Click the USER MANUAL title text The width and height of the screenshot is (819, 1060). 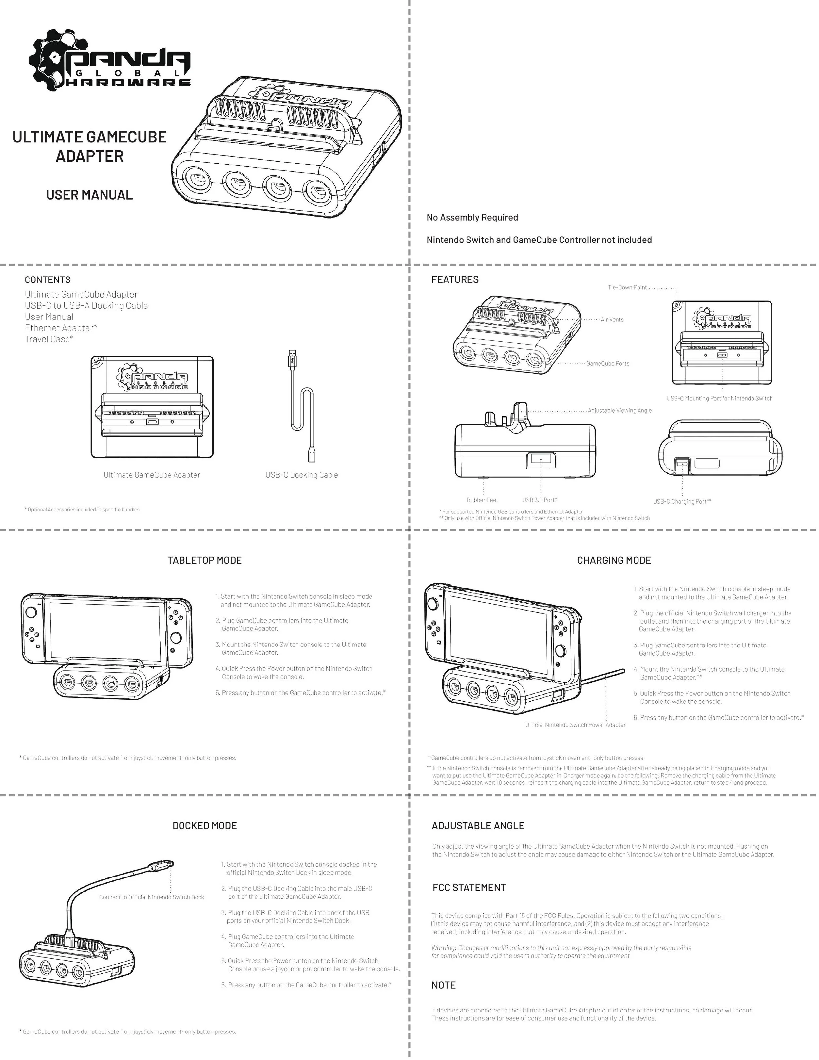89,195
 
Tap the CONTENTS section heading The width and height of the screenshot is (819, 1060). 48,280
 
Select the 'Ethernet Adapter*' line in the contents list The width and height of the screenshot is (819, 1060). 61,328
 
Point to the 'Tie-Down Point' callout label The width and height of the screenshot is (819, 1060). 627,288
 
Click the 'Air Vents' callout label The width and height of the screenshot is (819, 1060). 612,320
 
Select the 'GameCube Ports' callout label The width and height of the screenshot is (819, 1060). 608,363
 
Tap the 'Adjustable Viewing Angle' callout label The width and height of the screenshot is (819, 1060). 619,411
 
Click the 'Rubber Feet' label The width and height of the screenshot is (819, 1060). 482,500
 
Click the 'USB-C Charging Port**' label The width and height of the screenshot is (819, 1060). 682,502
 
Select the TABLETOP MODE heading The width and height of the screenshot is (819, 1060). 204,561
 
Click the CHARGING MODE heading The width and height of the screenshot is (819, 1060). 614,561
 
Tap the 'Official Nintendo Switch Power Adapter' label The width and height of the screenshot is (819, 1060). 576,725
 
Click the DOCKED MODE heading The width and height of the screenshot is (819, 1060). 204,826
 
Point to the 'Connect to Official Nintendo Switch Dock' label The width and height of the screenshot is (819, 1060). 151,897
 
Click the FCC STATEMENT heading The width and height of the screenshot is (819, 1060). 469,888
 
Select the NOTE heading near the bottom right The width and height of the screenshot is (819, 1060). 444,985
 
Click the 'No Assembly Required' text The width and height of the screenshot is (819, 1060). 472,218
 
